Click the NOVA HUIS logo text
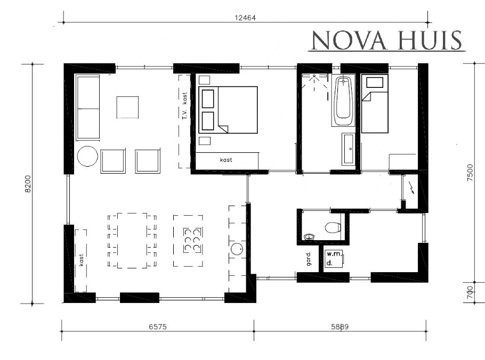[x=386, y=40]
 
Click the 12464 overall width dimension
[x=245, y=17]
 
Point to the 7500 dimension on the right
[x=470, y=174]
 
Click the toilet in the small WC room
[x=333, y=227]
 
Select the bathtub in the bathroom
[x=344, y=101]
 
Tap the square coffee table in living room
[x=128, y=107]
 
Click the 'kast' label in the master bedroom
[x=227, y=159]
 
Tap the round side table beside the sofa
[x=87, y=157]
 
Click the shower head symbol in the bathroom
[x=314, y=77]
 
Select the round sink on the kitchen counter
[x=237, y=249]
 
